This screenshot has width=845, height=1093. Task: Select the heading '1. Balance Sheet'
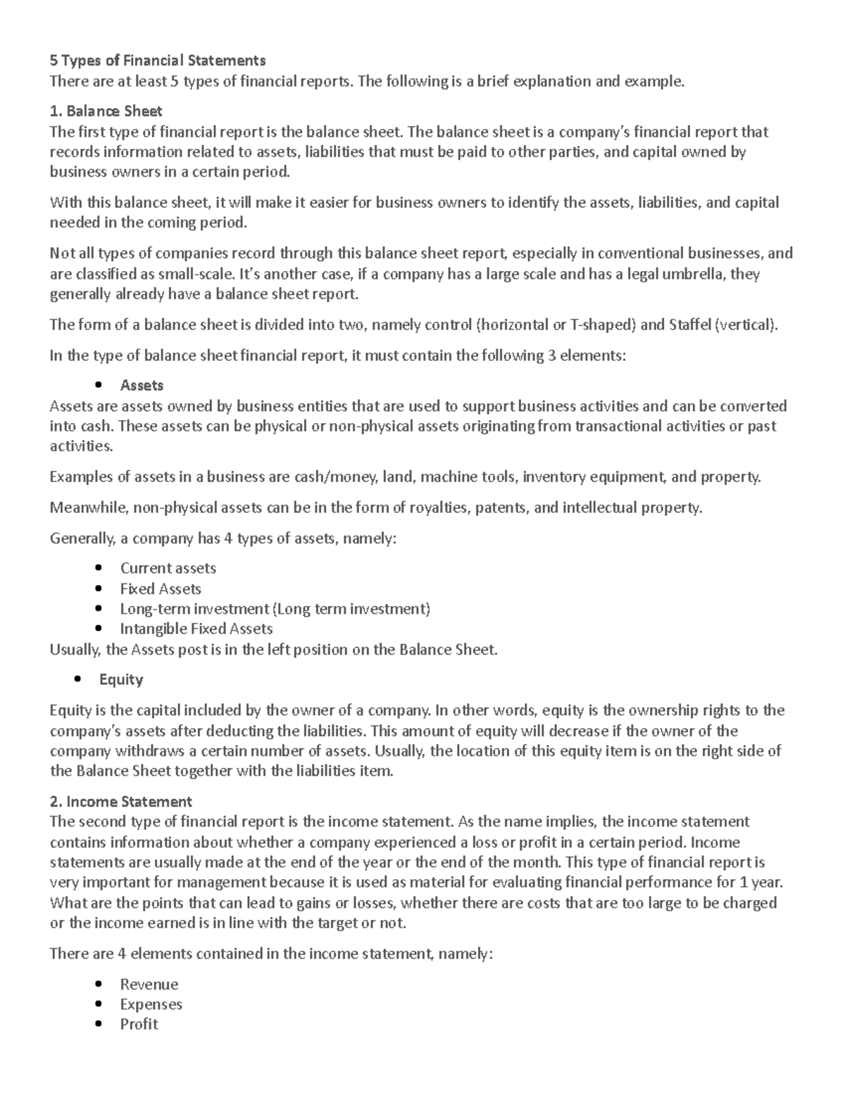click(106, 110)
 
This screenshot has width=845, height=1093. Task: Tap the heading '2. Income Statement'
click(120, 801)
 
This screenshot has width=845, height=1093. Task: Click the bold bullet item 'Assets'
click(142, 385)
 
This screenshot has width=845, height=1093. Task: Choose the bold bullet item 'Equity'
click(121, 679)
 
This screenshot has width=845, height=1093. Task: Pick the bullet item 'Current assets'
click(168, 568)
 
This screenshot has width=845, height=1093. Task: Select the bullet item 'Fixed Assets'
click(161, 588)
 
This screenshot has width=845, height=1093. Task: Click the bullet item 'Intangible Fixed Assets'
click(196, 628)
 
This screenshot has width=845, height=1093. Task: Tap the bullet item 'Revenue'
click(149, 984)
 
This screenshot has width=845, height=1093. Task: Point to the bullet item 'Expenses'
click(151, 1004)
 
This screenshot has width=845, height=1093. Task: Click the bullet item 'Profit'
click(139, 1024)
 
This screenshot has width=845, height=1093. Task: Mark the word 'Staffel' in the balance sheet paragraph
click(691, 324)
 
